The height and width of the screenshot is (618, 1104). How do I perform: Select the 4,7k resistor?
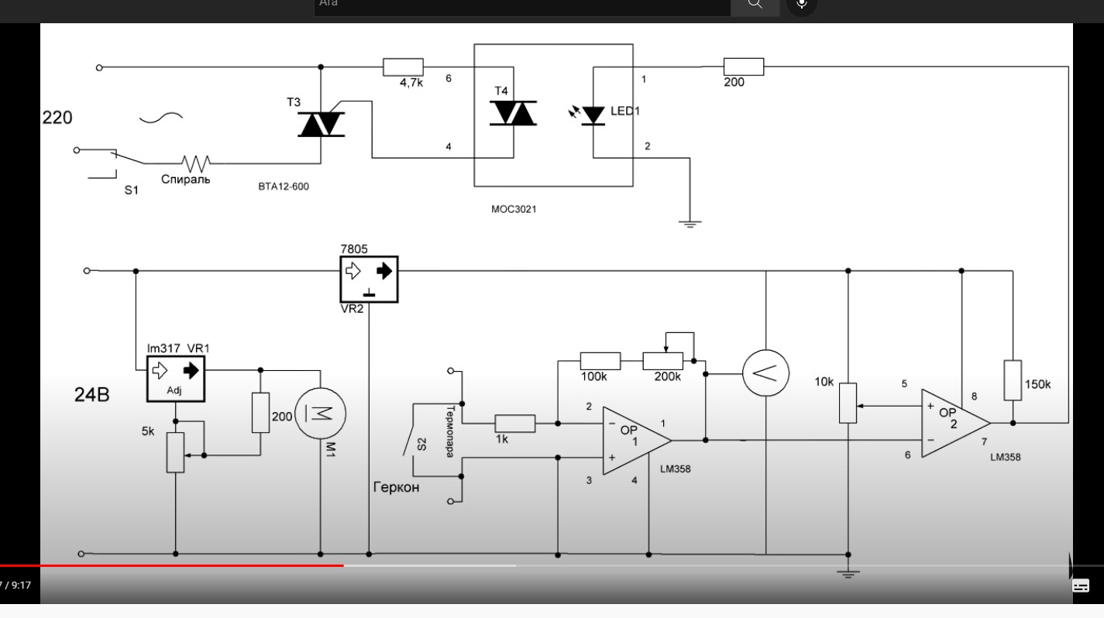pos(403,67)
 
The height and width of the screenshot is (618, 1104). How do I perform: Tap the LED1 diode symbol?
pos(593,115)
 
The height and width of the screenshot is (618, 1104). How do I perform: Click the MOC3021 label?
pos(512,208)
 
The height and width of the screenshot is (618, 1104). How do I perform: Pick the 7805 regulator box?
pos(369,279)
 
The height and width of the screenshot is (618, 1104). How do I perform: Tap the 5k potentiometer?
pos(176,451)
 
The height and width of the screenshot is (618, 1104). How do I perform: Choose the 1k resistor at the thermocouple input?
pos(514,423)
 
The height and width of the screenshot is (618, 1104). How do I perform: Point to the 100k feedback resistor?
pos(600,361)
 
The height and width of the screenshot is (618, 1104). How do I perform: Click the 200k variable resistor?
pos(663,361)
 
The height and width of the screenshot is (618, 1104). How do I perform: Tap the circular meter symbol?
pos(765,374)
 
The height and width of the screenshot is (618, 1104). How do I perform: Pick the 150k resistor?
pos(1013,380)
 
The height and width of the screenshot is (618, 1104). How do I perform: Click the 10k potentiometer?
pos(848,403)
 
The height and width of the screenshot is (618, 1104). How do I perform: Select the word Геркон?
pos(396,487)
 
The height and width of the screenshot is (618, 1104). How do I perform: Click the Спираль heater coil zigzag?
pos(196,163)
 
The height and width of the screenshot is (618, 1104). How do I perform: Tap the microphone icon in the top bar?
pos(802,4)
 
